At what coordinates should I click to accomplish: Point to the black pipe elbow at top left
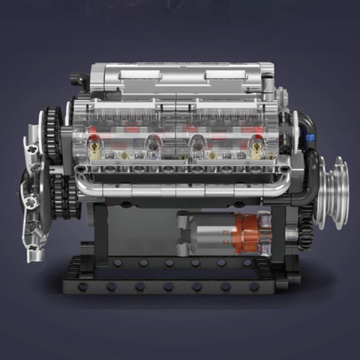point(79,79)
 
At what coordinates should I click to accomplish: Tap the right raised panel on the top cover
point(225,74)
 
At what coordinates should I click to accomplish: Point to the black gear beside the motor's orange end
point(305,225)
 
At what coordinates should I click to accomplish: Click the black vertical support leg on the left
point(98,232)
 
